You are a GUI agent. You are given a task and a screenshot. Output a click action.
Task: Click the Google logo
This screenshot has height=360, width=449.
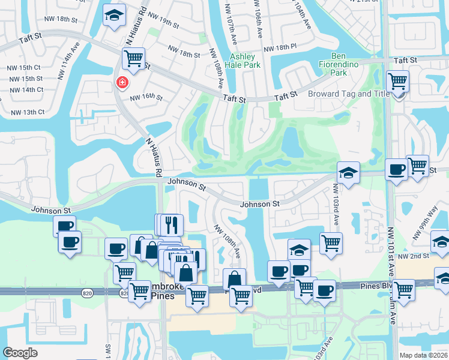coord(20,353)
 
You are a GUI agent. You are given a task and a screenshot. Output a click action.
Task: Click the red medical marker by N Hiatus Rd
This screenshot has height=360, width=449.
coord(122,82)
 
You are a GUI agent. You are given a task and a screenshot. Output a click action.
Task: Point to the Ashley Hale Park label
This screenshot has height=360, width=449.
coord(243,60)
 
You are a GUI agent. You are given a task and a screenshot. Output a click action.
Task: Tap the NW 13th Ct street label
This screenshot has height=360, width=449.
coord(25,112)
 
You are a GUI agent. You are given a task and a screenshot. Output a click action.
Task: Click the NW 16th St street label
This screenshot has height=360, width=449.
coord(146,97)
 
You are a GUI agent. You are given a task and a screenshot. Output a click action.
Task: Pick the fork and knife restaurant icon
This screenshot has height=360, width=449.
coord(172,225)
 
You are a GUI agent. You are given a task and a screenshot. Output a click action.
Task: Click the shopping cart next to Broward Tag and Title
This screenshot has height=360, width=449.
coord(396,80)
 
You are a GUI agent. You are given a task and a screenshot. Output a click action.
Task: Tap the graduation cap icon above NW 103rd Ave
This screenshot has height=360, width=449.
coord(348,173)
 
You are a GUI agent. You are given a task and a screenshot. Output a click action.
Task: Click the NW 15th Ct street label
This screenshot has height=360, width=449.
coord(25,67)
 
